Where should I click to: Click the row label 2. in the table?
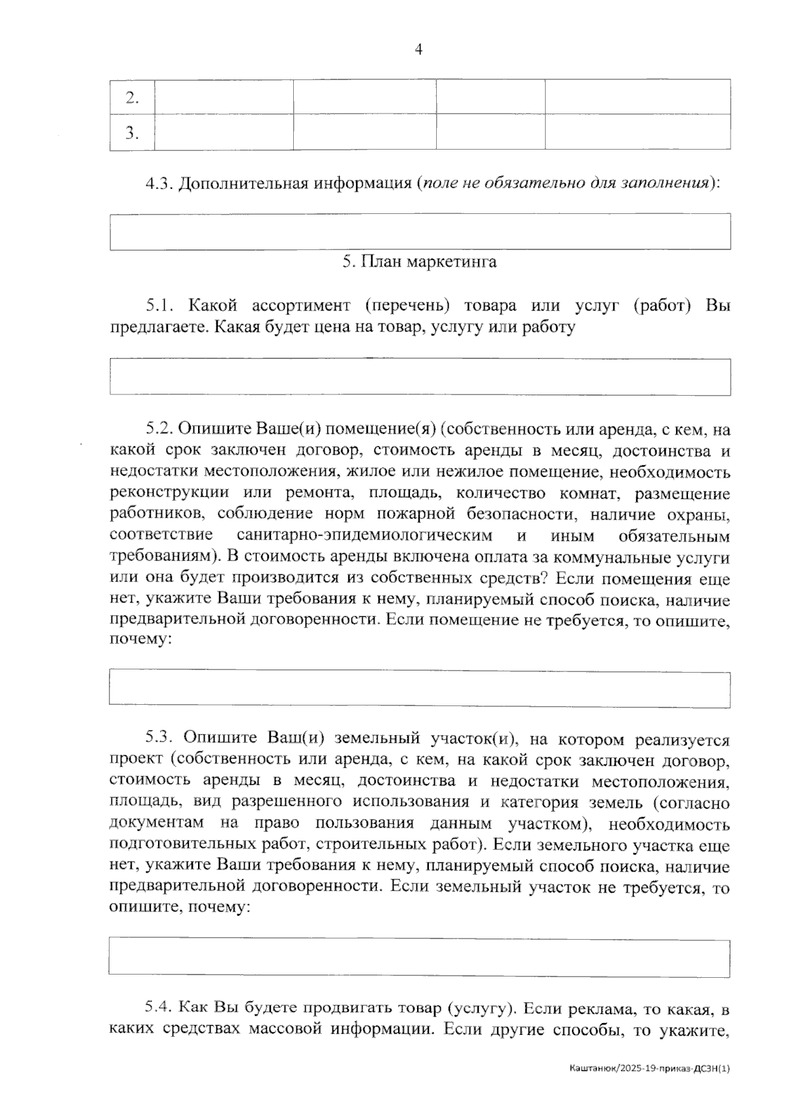click(x=132, y=98)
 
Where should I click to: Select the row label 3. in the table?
click(x=132, y=133)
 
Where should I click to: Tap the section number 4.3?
click(x=159, y=183)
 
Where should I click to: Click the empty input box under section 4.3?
click(x=420, y=232)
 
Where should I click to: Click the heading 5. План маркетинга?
click(x=419, y=262)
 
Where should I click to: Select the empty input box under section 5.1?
click(x=420, y=377)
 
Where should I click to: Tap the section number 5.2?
click(x=159, y=430)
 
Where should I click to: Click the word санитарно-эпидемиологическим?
click(x=365, y=535)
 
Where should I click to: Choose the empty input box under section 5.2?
click(x=420, y=689)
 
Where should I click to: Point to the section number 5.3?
click(x=159, y=739)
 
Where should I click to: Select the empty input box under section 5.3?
click(x=420, y=958)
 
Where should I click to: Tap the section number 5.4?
click(x=159, y=1007)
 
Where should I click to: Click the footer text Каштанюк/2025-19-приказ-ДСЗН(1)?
click(x=649, y=1069)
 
